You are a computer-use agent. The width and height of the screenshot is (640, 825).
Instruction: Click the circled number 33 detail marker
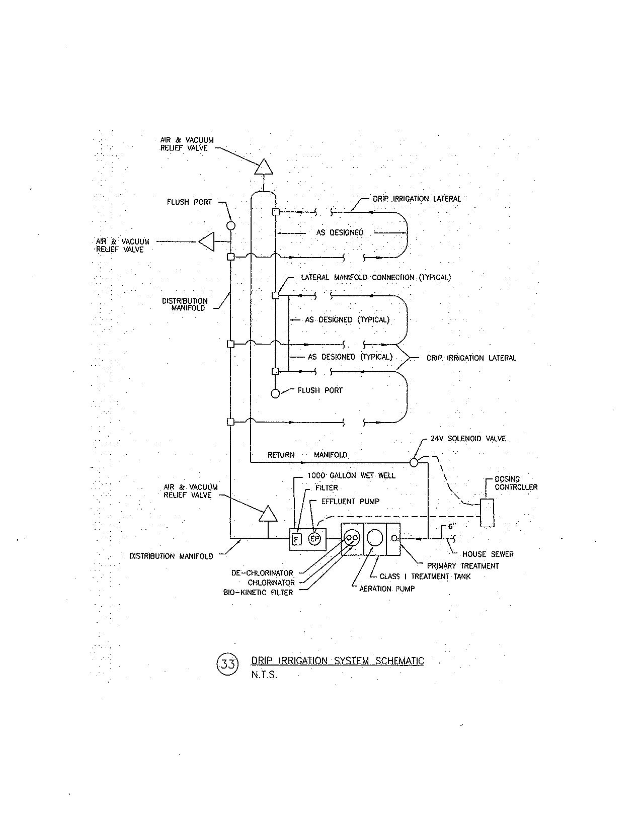[x=227, y=664]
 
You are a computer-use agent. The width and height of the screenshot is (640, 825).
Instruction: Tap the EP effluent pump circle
[x=314, y=539]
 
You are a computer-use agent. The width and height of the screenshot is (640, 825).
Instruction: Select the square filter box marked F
[x=296, y=540]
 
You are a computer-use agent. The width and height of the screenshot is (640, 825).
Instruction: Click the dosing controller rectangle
[x=487, y=513]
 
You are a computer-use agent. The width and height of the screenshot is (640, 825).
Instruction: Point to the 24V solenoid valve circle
[x=414, y=461]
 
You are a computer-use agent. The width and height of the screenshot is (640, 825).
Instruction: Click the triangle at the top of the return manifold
[x=264, y=167]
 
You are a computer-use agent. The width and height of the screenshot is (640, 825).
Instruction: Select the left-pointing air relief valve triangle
[x=207, y=241]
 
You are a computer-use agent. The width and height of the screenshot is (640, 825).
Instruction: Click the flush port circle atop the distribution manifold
[x=230, y=225]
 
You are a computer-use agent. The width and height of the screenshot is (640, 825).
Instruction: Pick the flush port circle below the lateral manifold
[x=275, y=393]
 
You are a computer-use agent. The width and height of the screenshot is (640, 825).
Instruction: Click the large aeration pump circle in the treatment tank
[x=374, y=538]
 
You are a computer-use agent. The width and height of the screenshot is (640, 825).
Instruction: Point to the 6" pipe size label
[x=451, y=527]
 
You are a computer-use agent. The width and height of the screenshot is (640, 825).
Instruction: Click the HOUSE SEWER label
[x=488, y=554]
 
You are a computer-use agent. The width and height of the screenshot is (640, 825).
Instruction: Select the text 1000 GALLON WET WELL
[x=351, y=475]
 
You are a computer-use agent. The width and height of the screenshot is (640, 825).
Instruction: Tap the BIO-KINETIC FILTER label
[x=258, y=593]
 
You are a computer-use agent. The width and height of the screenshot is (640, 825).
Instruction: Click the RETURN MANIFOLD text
[x=307, y=455]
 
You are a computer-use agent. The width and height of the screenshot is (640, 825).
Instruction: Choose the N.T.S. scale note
[x=264, y=675]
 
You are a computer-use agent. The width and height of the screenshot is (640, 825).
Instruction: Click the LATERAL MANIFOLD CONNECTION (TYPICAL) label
[x=375, y=277]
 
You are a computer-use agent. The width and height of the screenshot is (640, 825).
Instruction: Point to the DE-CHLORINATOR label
[x=262, y=573]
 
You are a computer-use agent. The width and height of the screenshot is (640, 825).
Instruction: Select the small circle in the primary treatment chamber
[x=393, y=539]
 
